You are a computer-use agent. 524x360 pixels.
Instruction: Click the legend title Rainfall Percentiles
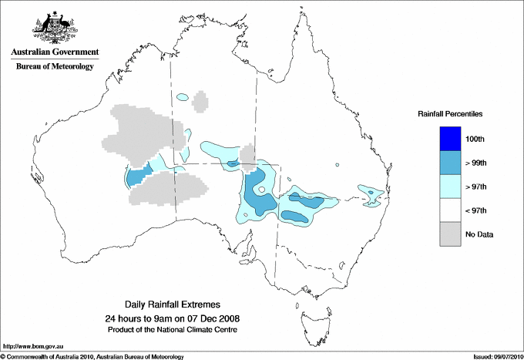click(450, 113)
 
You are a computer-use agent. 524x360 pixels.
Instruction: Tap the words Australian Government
click(54, 52)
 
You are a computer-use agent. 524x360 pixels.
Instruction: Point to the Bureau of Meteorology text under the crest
click(54, 67)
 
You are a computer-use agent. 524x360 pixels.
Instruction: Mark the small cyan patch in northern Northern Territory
click(183, 97)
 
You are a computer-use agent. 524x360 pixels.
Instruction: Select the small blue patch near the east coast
click(372, 192)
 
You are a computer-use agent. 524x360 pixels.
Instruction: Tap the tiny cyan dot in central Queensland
click(338, 166)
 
